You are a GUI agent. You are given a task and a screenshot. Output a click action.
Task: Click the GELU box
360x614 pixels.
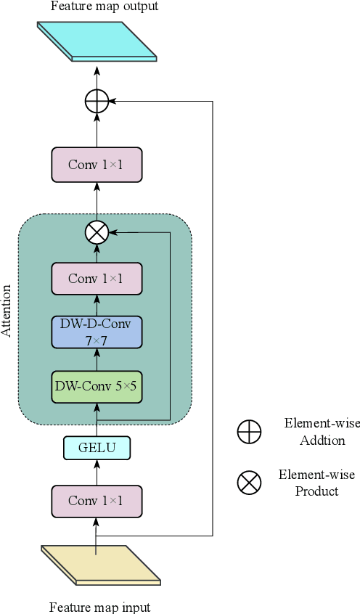(97, 448)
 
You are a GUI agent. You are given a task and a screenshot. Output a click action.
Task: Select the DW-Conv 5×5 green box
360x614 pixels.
(97, 386)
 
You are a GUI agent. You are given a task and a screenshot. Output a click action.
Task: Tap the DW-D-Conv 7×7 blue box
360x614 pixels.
(97, 332)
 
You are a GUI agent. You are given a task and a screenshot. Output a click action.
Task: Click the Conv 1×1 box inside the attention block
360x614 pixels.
(97, 279)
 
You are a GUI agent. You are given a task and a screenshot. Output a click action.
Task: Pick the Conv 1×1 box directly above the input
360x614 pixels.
(97, 501)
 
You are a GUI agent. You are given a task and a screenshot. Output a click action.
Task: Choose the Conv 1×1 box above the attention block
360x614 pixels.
(97, 165)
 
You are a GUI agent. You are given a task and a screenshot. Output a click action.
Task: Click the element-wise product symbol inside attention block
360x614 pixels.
(97, 232)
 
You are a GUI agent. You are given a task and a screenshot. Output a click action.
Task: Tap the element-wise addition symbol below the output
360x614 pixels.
(97, 102)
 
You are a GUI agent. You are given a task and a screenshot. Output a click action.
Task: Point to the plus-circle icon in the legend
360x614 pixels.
(249, 432)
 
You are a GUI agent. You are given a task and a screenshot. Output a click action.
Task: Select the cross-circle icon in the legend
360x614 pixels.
(249, 483)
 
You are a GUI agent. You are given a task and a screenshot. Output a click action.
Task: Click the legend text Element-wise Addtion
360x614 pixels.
(314, 432)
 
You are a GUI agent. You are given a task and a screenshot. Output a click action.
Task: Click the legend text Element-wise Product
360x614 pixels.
(316, 483)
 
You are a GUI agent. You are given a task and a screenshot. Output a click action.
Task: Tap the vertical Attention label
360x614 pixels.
(7, 311)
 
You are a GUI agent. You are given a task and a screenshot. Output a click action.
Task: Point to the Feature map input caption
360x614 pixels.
(99, 606)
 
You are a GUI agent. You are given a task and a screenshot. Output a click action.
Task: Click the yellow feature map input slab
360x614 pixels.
(100, 564)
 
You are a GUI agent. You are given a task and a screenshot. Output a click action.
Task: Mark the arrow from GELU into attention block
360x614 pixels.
(97, 422)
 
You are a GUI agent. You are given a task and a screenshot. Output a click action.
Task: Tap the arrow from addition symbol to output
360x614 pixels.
(97, 76)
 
